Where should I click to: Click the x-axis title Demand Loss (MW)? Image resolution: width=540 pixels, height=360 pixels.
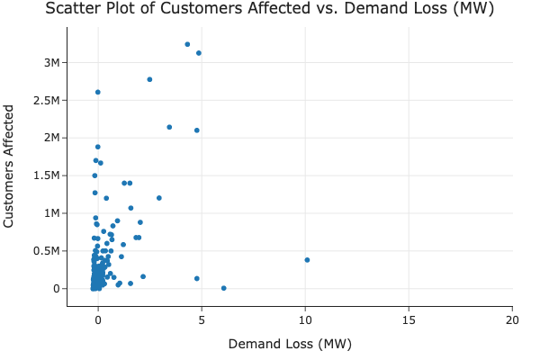290,344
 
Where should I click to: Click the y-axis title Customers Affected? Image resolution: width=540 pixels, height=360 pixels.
10,166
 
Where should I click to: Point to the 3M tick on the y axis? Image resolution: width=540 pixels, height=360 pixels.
50,62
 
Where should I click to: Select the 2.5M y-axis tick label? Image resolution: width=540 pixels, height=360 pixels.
45,100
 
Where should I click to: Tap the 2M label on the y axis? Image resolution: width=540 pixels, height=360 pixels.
50,138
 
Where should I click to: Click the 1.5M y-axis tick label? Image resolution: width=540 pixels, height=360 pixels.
45,175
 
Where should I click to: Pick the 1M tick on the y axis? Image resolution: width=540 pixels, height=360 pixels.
50,213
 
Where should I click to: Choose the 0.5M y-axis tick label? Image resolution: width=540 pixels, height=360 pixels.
45,251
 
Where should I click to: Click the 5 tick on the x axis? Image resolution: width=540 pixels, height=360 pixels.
202,320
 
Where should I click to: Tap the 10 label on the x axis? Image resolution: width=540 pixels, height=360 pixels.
305,320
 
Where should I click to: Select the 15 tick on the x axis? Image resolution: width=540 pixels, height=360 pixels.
409,320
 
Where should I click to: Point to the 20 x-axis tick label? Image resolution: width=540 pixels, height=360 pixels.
513,320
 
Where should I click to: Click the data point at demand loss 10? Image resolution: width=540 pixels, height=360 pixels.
307,260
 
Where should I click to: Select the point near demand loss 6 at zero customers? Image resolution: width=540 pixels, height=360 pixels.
224,288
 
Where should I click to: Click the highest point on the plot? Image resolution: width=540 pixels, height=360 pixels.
187,44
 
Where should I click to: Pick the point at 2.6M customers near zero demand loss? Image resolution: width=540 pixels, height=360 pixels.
98,92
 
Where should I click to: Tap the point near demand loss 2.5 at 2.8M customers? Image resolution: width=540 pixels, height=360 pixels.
149,79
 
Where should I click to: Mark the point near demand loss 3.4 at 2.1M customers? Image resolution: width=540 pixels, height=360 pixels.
169,127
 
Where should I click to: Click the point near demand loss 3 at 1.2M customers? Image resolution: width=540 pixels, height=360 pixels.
159,198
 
